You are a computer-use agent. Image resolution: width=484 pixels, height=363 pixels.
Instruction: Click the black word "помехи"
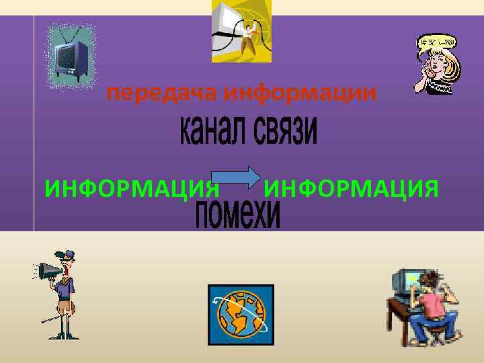237,214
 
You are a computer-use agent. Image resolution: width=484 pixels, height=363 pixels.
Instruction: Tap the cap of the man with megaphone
66,255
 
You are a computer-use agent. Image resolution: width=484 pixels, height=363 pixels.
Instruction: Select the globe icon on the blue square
239,315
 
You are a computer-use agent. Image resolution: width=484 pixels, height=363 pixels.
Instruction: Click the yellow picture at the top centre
241,31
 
